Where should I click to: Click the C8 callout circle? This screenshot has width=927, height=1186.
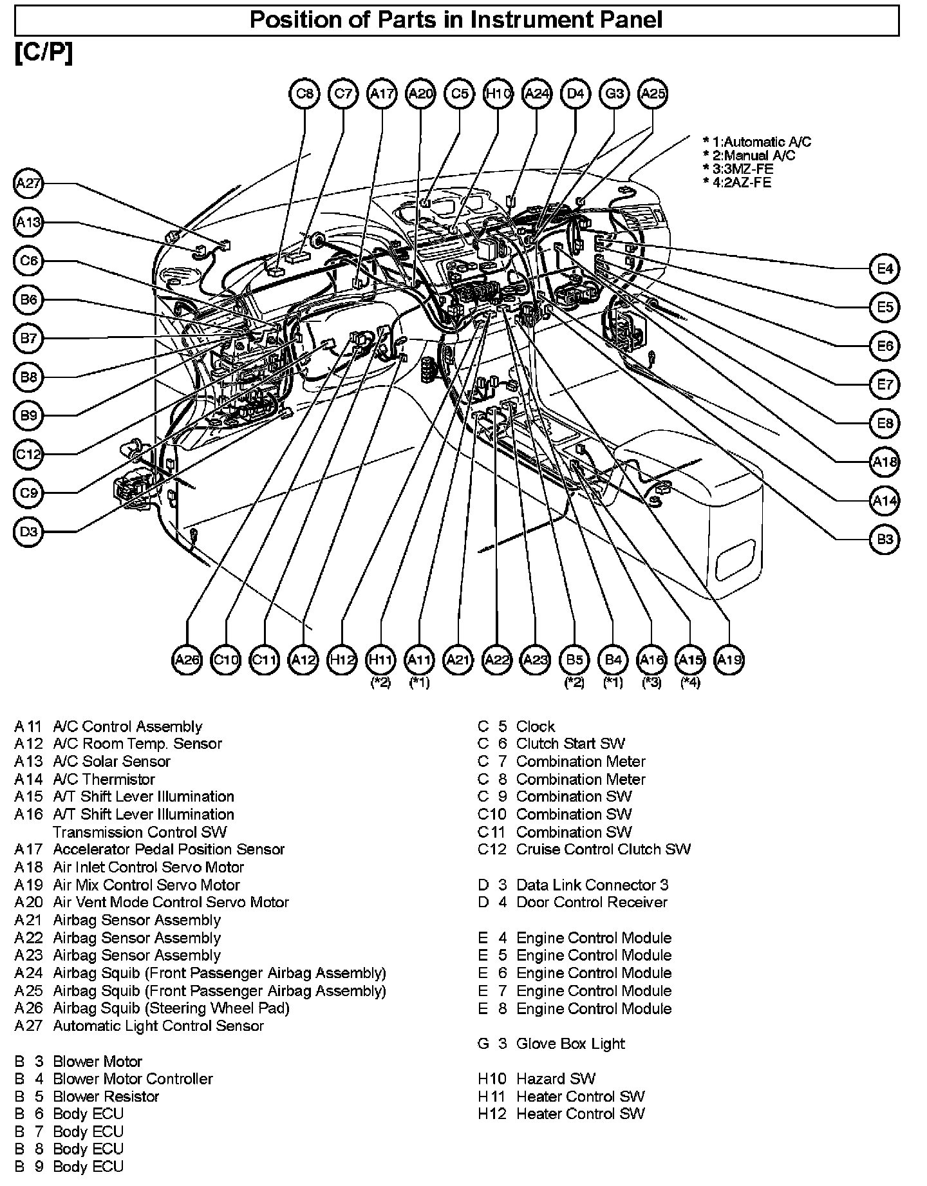[x=304, y=94]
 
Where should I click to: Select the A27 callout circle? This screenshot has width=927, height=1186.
[x=28, y=184]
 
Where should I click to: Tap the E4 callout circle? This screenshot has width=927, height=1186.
[x=885, y=268]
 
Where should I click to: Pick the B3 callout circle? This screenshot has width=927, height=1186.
[x=885, y=539]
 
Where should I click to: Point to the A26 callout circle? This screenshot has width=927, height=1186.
[x=187, y=659]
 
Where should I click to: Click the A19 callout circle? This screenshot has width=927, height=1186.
[x=729, y=659]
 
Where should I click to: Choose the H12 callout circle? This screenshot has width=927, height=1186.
[x=342, y=659]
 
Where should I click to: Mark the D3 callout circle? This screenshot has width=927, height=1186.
[x=28, y=532]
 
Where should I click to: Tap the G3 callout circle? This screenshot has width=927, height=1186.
[x=613, y=94]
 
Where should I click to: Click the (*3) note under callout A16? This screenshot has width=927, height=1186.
[x=651, y=682]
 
